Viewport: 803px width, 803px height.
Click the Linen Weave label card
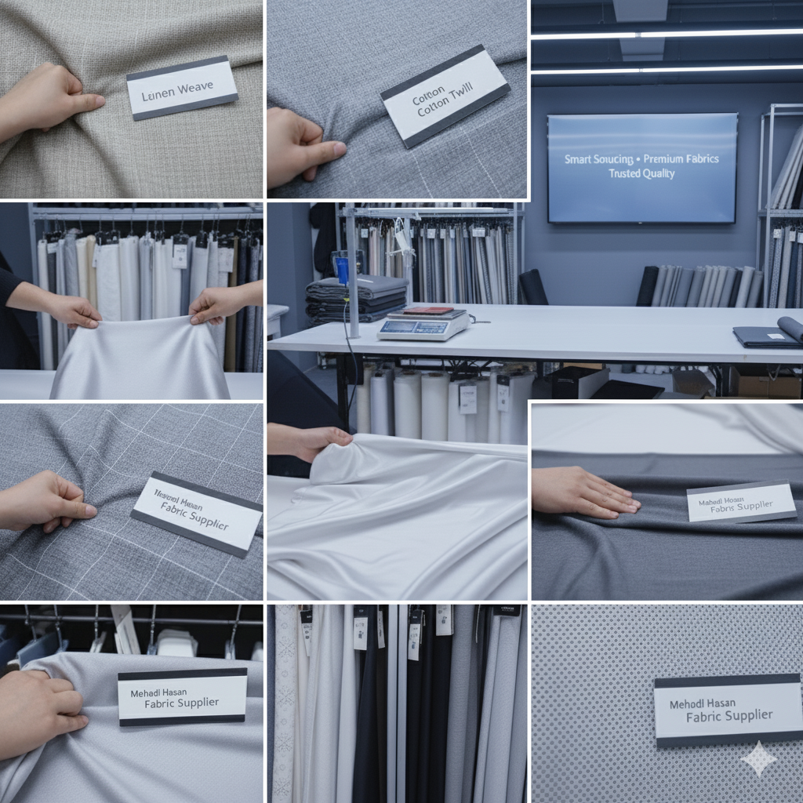pos(182,87)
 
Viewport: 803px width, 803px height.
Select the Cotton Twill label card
pos(445,96)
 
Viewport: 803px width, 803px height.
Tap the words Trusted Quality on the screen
pos(641,173)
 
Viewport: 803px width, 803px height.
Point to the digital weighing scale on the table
pos(423,324)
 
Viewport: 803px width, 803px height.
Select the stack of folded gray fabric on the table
pos(356,299)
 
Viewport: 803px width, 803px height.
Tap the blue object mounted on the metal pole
pos(343,268)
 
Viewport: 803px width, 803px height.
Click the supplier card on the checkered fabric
pos(196,513)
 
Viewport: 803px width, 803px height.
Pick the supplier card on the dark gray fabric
pos(741,502)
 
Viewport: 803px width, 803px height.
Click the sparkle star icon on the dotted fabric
pos(758,758)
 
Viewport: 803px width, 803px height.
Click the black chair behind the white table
pos(533,288)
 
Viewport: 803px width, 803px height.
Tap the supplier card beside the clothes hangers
pos(182,696)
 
